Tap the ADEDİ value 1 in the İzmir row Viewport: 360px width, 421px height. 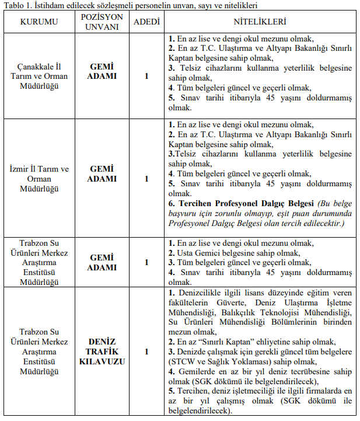click(146, 179)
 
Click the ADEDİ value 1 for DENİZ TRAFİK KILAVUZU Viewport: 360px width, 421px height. click(146, 352)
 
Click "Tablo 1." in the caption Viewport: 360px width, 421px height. click(17, 5)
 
